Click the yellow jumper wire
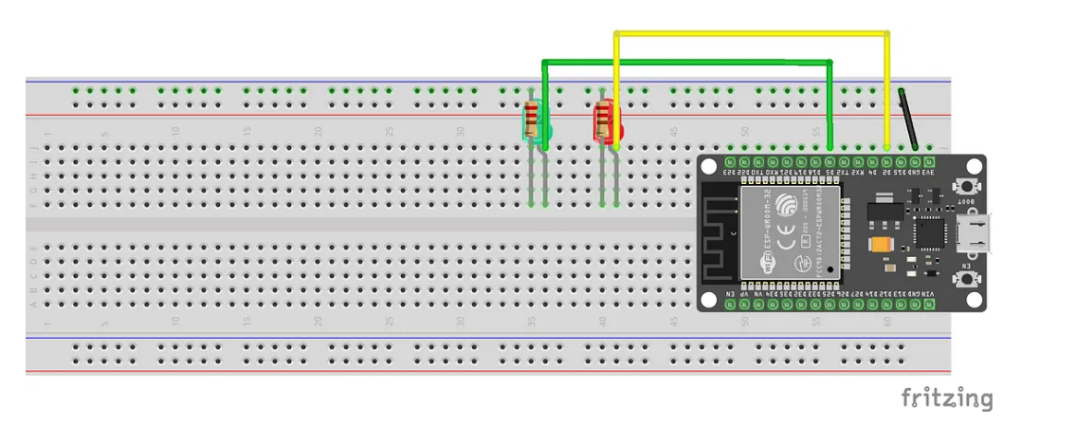(749, 34)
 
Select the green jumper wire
(683, 63)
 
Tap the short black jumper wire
(908, 118)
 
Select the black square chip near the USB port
(926, 231)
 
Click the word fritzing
(946, 397)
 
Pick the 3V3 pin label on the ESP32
(928, 173)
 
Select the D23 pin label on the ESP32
(730, 173)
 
